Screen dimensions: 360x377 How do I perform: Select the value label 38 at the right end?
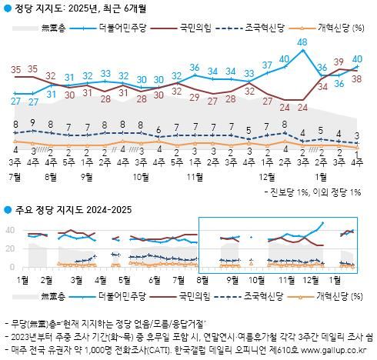(x=357, y=78)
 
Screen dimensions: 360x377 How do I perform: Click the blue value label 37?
(x=267, y=65)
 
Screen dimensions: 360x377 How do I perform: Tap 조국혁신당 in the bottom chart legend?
(x=267, y=295)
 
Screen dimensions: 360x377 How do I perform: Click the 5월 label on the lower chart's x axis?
(x=124, y=280)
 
